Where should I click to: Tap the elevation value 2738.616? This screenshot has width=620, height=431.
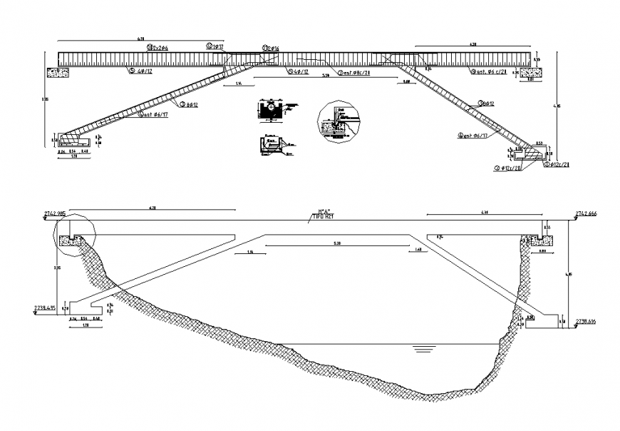(585, 321)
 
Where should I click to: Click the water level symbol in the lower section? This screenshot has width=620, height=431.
(423, 349)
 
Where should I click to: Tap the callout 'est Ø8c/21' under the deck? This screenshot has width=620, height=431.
(356, 73)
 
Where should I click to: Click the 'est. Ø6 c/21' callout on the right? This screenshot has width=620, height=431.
(488, 72)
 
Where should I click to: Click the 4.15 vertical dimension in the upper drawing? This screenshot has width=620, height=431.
(562, 107)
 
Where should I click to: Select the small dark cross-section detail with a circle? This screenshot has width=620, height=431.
(269, 111)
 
